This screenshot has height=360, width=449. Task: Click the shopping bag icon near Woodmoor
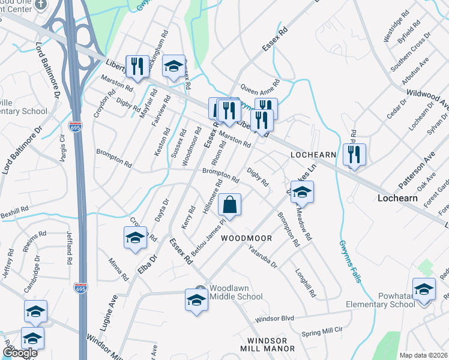(x=229, y=205)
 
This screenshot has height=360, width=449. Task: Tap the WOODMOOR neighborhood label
(x=246, y=238)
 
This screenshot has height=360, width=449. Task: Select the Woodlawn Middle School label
(x=237, y=292)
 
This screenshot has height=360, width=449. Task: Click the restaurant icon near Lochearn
(x=354, y=155)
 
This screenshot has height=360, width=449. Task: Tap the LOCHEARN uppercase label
(x=312, y=154)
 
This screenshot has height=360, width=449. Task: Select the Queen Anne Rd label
(x=260, y=91)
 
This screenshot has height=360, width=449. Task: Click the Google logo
(x=19, y=353)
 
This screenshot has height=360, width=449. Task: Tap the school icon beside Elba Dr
(x=135, y=237)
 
